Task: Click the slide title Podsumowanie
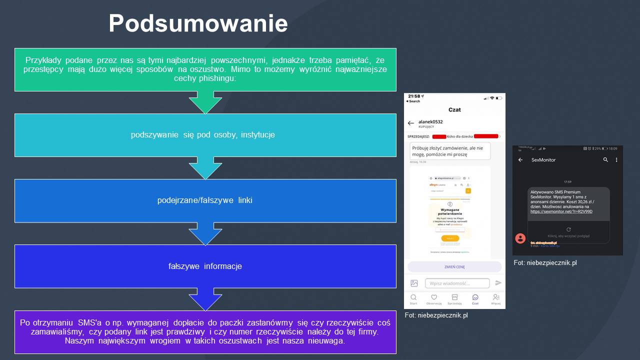coord(198,23)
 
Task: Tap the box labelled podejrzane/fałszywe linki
coord(205,200)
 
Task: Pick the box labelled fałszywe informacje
coord(205,266)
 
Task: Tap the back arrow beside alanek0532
coord(411,123)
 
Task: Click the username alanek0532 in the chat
coord(430,121)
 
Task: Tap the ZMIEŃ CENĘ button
coord(454,266)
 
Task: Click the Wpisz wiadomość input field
coord(457,283)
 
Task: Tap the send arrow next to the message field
coord(498,283)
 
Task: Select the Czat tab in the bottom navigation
coord(475,299)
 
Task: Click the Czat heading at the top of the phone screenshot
coord(454,109)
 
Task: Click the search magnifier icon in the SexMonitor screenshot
coord(605,160)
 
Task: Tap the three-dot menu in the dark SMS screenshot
coord(616,160)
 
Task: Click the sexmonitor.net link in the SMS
coord(561,211)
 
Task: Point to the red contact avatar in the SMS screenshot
coord(520,238)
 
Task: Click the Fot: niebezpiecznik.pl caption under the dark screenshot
coord(545,262)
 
